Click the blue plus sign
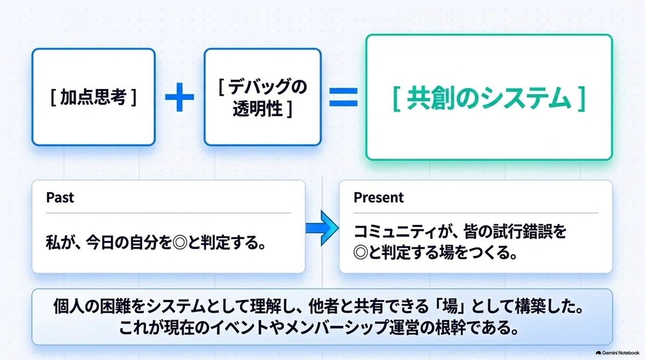coord(180,97)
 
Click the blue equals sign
coord(343,97)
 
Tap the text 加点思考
coord(94,97)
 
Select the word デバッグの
coord(268,87)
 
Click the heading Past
coord(60,197)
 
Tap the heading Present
coord(378,197)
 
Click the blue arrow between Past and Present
coord(322,228)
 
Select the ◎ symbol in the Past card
coord(180,242)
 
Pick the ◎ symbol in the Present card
coord(361,253)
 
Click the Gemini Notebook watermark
coord(618,353)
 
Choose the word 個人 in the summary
coord(68,306)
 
